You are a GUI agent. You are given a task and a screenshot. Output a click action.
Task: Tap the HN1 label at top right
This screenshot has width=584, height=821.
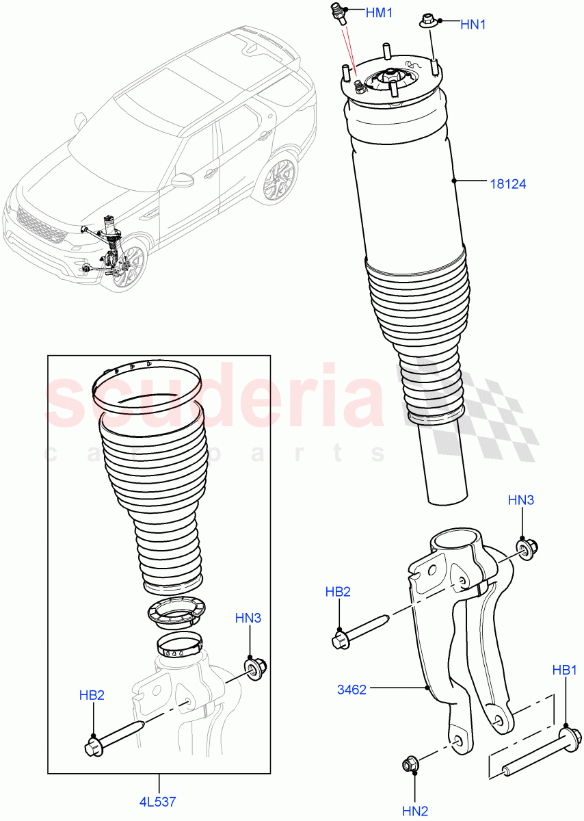tap(473, 25)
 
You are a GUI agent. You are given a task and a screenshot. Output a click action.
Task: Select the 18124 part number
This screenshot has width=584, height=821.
tap(508, 183)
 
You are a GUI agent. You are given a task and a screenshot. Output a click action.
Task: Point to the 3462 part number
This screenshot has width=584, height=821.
tap(351, 690)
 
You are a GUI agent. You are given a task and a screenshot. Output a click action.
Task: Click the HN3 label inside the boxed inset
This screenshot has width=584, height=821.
tap(248, 618)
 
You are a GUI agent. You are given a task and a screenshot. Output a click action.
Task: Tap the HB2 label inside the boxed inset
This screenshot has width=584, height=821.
tap(90, 695)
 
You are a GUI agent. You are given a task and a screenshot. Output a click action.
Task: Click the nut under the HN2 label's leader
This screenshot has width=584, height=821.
tap(412, 763)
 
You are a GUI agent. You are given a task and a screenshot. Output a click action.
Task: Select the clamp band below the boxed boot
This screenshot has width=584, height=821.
tap(181, 644)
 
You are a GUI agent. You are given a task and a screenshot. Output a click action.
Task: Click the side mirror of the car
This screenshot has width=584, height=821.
tap(183, 180)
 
